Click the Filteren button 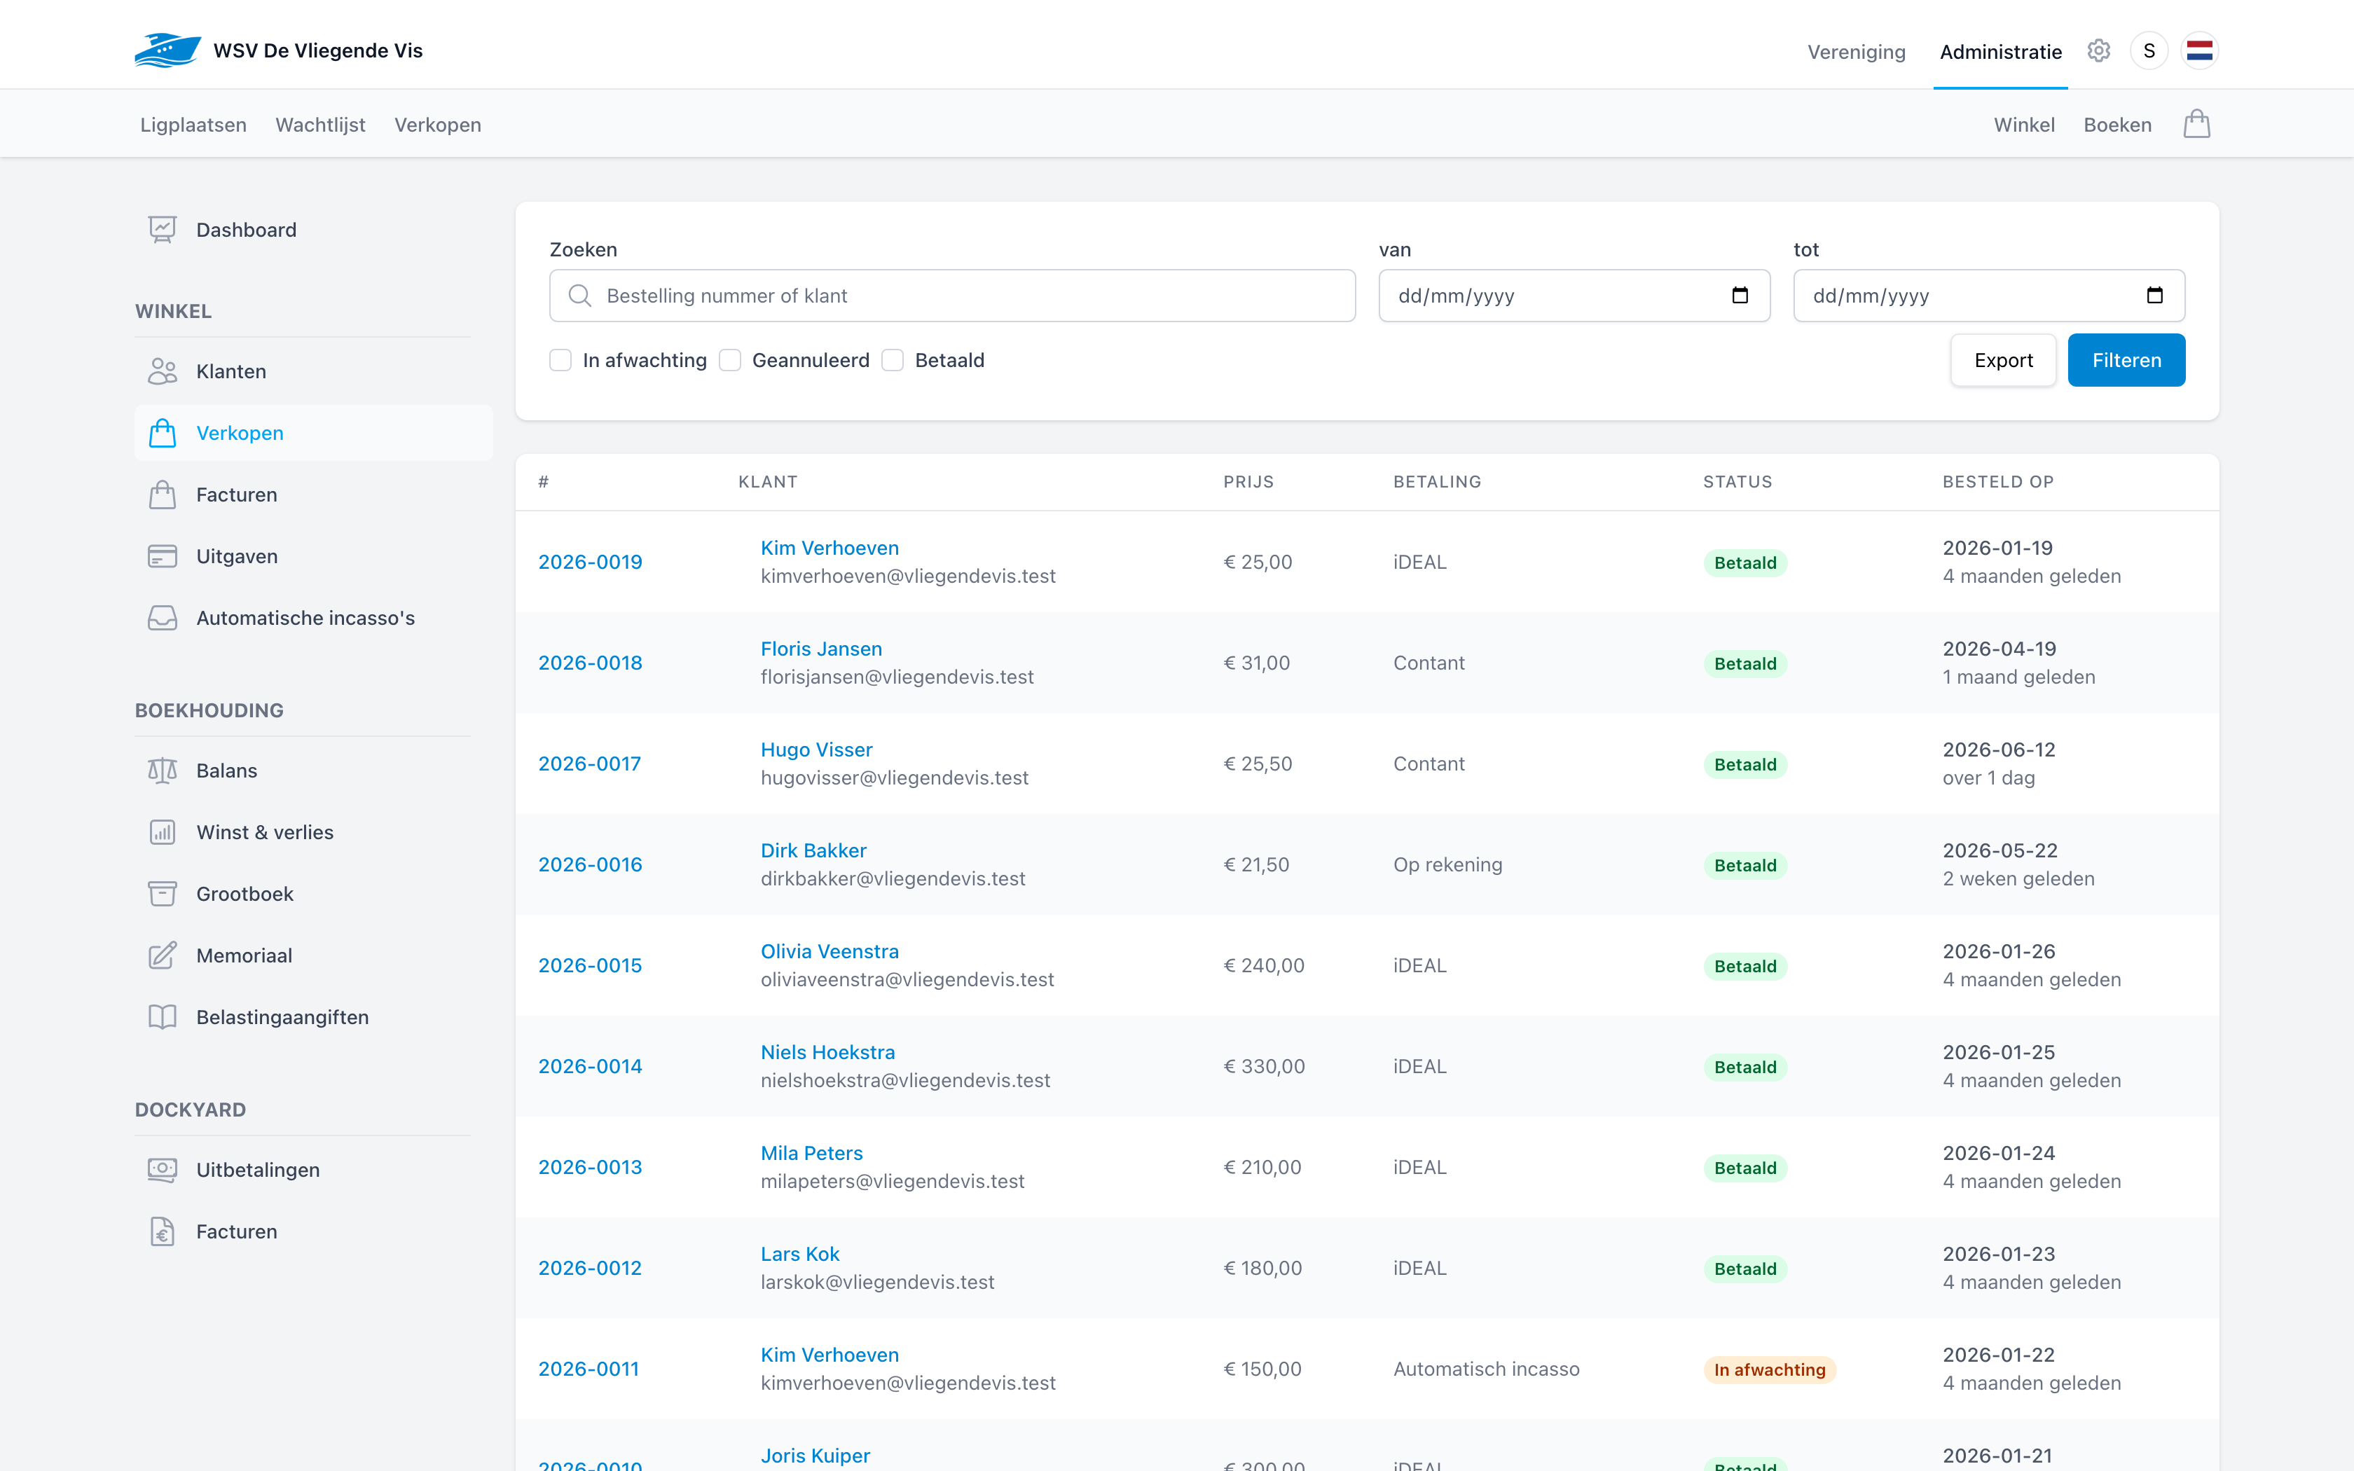tap(2126, 360)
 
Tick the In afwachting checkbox tap(560, 360)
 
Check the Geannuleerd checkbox tap(729, 360)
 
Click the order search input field tap(952, 296)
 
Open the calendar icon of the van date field tap(1740, 296)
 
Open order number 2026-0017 tap(589, 764)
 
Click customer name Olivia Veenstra tap(830, 951)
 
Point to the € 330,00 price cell tap(1264, 1066)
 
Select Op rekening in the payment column tap(1447, 865)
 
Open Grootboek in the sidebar tap(244, 894)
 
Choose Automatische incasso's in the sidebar tap(305, 618)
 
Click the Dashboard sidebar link tap(246, 230)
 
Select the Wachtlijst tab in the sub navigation tap(320, 125)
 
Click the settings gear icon tap(2098, 50)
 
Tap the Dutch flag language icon tap(2199, 50)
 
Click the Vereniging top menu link tap(1856, 52)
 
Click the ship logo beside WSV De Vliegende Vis tap(167, 50)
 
